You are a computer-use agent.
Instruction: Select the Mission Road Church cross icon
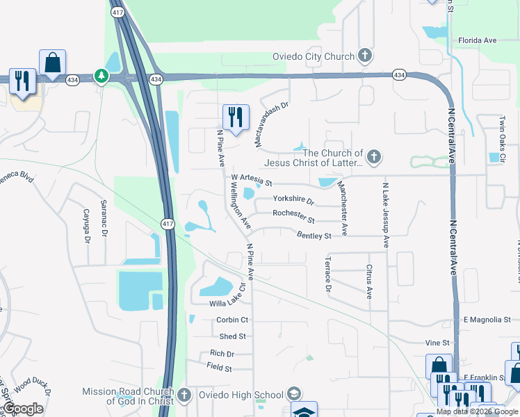[x=184, y=395]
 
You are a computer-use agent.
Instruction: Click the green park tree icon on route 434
[x=102, y=75]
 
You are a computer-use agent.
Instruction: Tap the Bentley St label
[x=314, y=236]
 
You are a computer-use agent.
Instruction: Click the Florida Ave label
[x=477, y=40]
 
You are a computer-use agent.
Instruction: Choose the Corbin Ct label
[x=232, y=320]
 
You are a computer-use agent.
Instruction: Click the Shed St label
[x=232, y=336]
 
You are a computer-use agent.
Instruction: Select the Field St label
[x=219, y=368]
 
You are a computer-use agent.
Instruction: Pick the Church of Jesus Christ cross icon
[x=374, y=156]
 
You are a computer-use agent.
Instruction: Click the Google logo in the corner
[x=23, y=408]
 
